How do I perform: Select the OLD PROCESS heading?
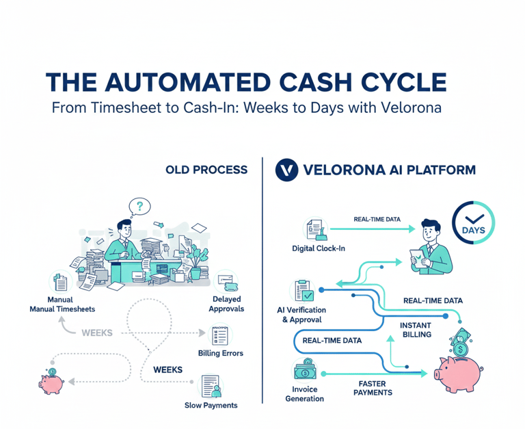coord(206,169)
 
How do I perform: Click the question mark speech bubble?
coord(140,205)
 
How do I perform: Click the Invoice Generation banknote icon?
coord(304,370)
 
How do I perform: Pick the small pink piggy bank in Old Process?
coord(51,381)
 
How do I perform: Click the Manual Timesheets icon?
coord(60,282)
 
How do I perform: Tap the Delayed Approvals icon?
coord(225,283)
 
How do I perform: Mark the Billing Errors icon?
coord(221,335)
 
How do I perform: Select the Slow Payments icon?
coord(211,386)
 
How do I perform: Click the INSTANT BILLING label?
coord(416,328)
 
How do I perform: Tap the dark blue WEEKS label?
coord(167,369)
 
